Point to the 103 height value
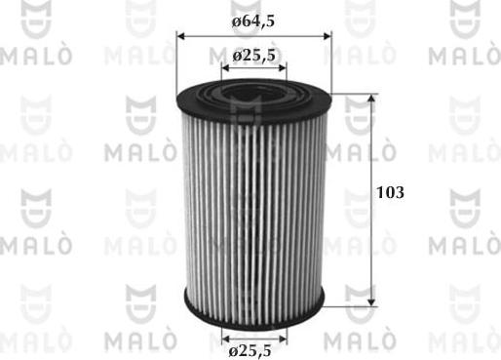390,194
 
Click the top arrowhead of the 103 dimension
373,100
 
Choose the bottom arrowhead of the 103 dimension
373,300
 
